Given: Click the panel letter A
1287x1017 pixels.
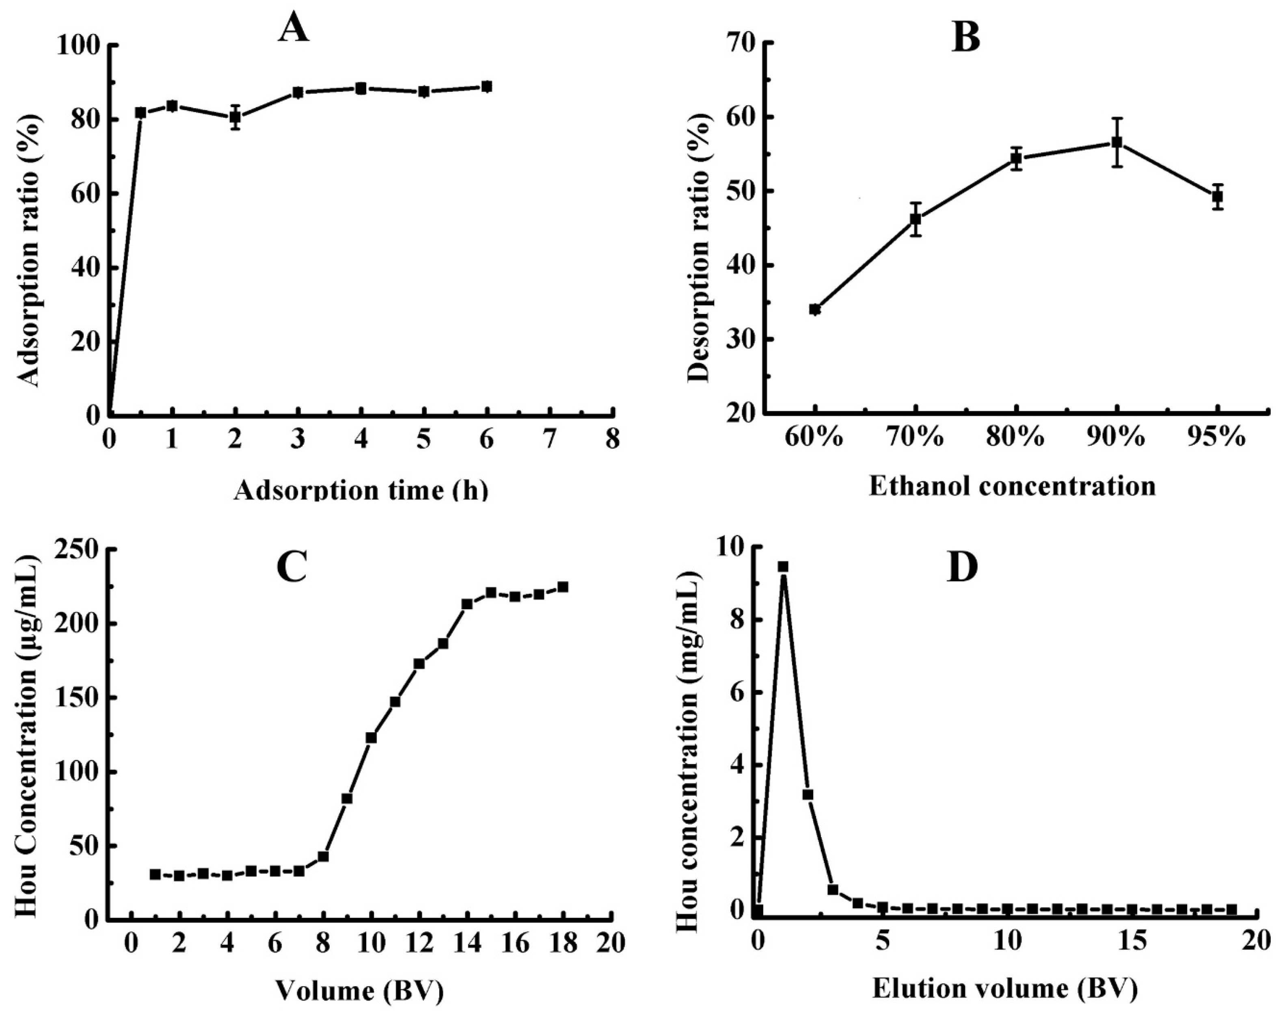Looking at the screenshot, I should coord(294,28).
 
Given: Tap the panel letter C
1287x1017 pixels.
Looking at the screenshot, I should coord(292,566).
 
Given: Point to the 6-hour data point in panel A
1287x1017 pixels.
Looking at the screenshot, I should coord(487,87).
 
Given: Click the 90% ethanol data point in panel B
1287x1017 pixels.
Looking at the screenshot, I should coord(1117,142).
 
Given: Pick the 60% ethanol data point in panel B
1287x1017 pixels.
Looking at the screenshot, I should coord(815,309).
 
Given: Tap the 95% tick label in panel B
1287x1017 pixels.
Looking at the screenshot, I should coord(1218,438).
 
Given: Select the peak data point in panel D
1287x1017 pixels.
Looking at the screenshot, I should coord(784,566).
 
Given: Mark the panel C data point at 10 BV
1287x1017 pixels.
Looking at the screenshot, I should coord(371,737).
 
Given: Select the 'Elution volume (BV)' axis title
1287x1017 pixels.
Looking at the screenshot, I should coord(1005,989).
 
